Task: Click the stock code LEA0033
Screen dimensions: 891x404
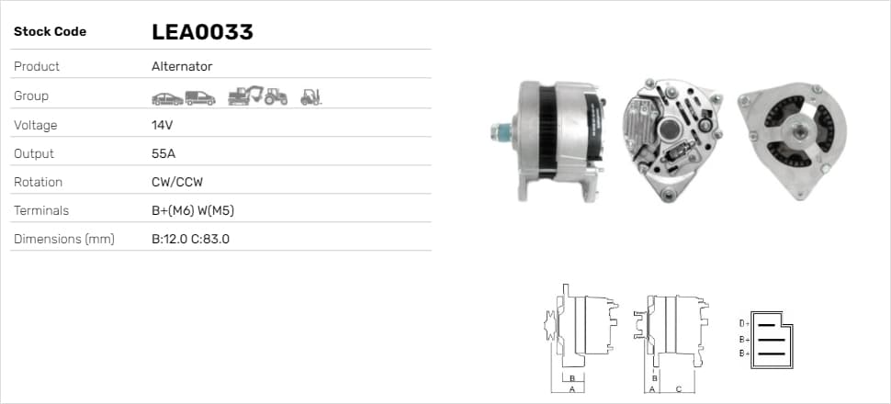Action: tap(202, 32)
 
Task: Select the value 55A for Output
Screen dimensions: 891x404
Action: tap(162, 153)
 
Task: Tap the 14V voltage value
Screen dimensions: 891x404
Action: tap(162, 125)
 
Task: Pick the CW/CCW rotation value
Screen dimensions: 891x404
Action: tap(177, 183)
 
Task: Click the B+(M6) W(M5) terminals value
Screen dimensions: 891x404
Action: tap(193, 211)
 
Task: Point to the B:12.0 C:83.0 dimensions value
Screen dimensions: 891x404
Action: tap(190, 240)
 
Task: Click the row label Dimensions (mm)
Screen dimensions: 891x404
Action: tap(64, 240)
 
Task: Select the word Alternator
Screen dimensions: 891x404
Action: tap(182, 66)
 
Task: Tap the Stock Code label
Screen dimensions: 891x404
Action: tap(50, 32)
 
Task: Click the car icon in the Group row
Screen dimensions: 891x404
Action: tap(167, 99)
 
